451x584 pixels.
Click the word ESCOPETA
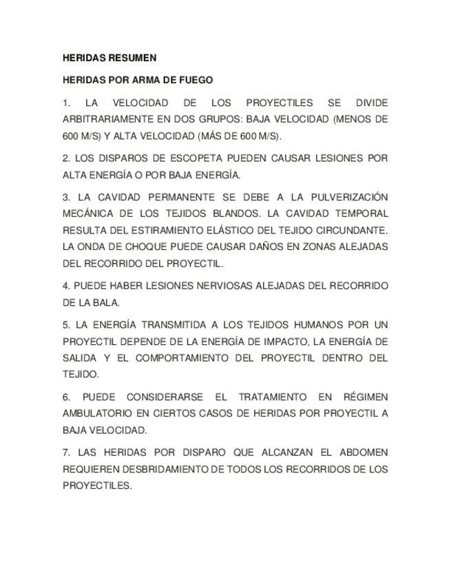click(x=179, y=158)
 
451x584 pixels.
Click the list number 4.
click(x=65, y=285)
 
